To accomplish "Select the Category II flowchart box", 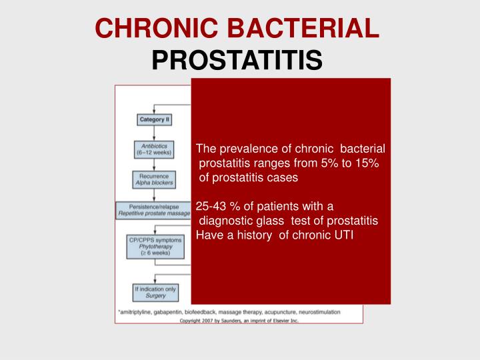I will coord(155,120).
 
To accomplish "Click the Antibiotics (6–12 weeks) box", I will coord(155,149).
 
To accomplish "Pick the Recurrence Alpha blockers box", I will coord(155,179).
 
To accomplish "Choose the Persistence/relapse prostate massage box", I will coord(153,211).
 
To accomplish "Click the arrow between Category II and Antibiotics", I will coord(155,132).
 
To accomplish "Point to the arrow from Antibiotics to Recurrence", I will coord(155,164).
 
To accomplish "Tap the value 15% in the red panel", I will coord(365,163).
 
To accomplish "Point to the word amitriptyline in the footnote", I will coord(139,311).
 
